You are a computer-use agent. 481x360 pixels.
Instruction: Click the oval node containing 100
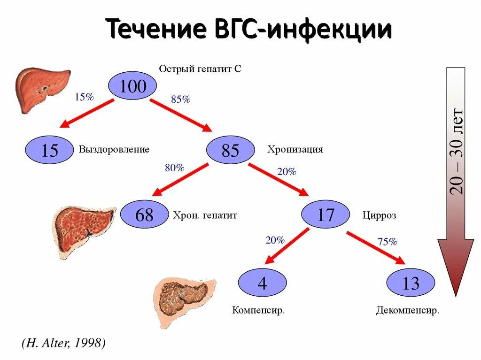(132, 86)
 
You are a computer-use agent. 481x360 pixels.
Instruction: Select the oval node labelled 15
(50, 150)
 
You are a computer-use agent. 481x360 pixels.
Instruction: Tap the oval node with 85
(231, 150)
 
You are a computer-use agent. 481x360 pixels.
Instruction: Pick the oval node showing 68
(144, 215)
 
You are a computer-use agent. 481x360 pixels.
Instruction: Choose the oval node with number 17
(326, 215)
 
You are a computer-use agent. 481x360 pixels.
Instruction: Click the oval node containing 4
(262, 283)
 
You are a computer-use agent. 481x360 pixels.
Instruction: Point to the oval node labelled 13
(411, 283)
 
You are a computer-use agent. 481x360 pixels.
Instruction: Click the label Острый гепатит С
(200, 69)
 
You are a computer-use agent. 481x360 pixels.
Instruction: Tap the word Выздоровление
(114, 150)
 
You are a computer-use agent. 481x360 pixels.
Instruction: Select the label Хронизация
(295, 150)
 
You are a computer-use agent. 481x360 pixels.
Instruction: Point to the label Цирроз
(379, 215)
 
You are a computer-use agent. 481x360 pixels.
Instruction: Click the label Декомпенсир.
(408, 311)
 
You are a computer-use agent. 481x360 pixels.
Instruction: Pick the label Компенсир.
(259, 311)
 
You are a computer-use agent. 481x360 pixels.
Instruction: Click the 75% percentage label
(388, 242)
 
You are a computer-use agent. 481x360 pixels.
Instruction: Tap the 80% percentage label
(174, 168)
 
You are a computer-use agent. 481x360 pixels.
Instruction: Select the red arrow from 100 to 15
(88, 113)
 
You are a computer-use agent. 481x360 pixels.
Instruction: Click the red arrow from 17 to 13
(376, 248)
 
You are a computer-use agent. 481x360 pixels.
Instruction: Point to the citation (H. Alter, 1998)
(63, 343)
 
